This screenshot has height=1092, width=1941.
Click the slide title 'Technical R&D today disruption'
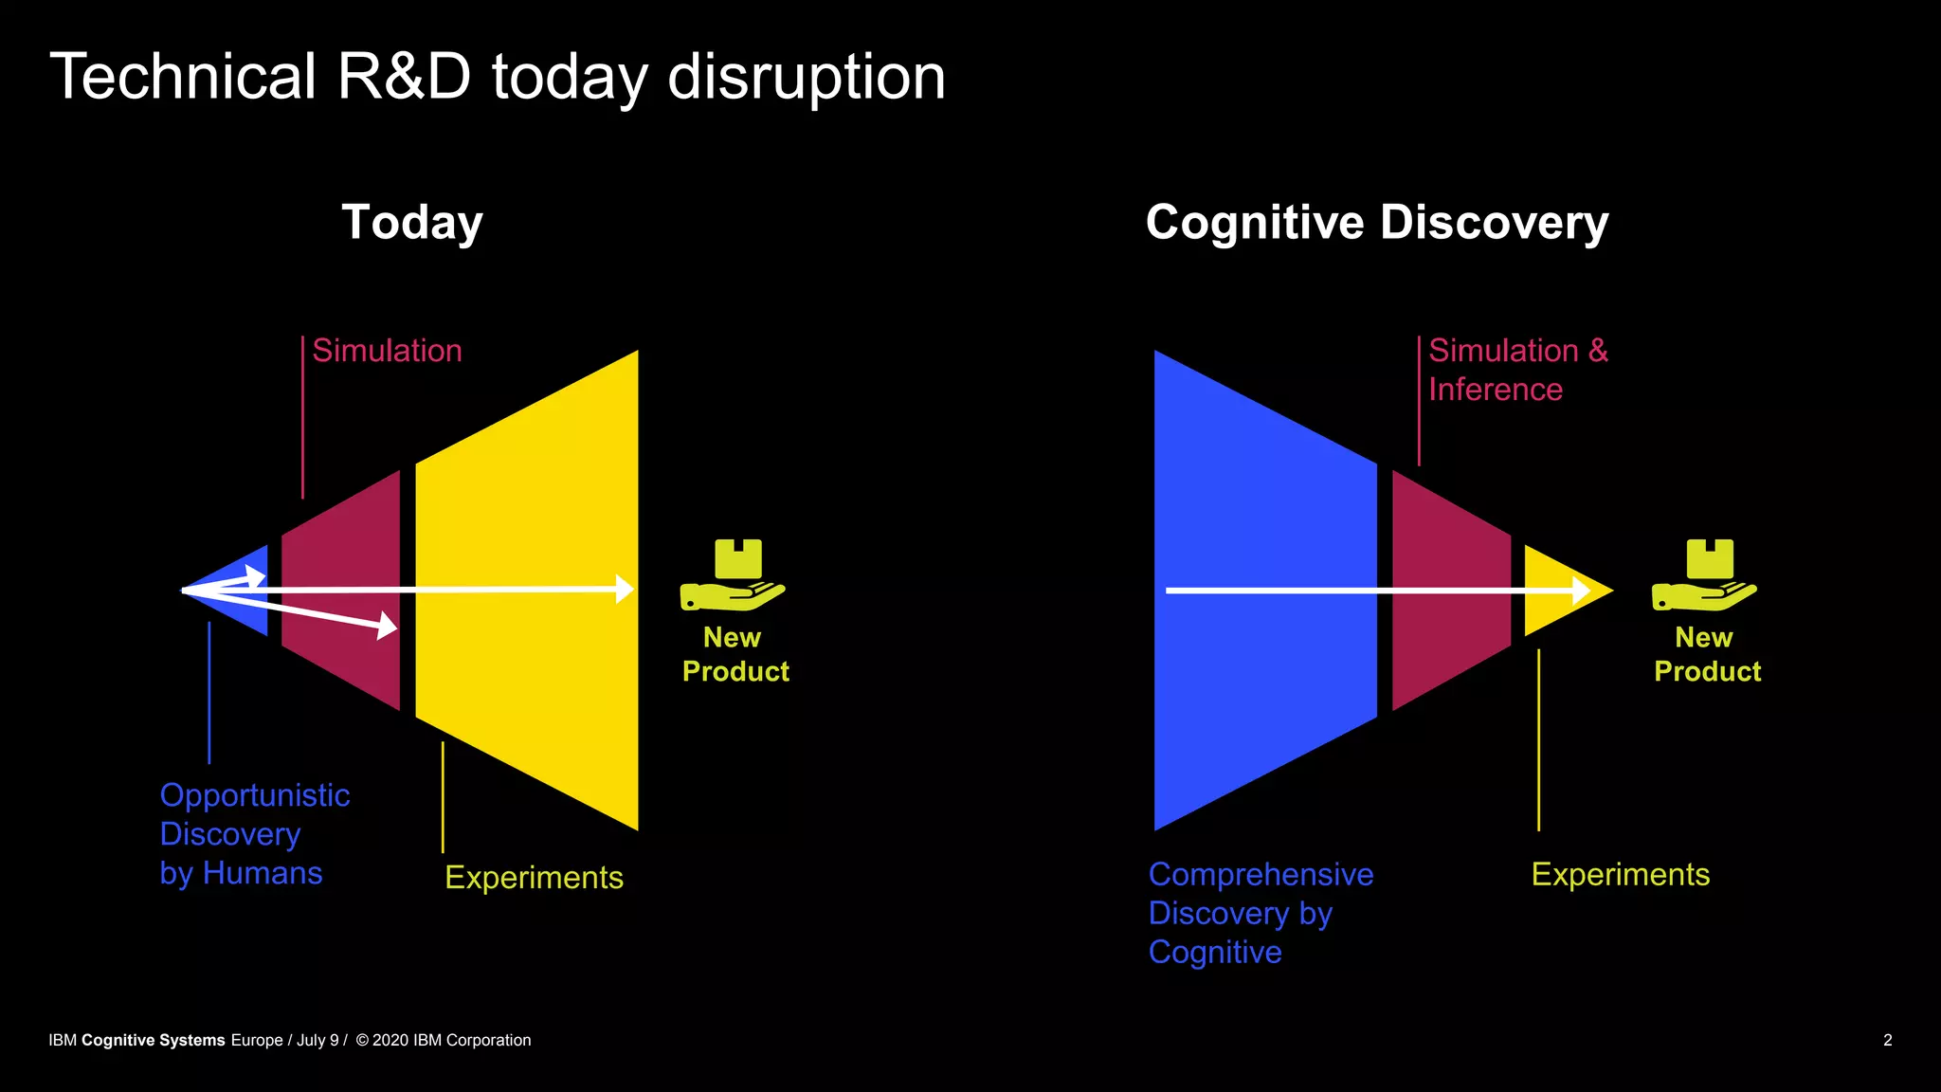[498, 77]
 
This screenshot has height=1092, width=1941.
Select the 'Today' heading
[412, 223]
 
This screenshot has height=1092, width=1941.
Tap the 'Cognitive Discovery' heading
[1377, 223]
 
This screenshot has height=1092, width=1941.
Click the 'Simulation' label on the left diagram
[387, 351]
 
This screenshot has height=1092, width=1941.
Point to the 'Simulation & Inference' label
[1517, 370]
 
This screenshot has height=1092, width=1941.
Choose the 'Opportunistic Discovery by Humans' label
[254, 834]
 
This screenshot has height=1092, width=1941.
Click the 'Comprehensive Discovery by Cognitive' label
[1261, 913]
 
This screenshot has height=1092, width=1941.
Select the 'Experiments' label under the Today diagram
[534, 878]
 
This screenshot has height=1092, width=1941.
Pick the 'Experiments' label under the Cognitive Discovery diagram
[1621, 875]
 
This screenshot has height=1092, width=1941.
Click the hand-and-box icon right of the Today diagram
[733, 574]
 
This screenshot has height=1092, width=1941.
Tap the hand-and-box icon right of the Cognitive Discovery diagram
[1704, 574]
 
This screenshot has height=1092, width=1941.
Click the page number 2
[1888, 1040]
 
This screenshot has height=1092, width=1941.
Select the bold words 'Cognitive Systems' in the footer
[153, 1040]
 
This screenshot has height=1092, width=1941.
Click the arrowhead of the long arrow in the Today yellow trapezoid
[625, 590]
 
